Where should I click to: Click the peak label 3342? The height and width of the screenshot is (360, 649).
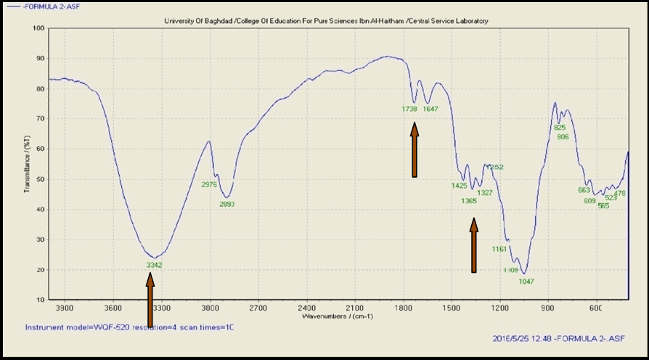click(154, 265)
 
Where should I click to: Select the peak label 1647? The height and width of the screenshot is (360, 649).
click(431, 109)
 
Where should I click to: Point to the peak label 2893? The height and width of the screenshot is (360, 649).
click(227, 204)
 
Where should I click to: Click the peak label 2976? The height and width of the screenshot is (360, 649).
click(209, 184)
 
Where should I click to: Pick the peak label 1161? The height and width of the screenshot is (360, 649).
click(499, 249)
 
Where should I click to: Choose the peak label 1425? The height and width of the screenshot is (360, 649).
click(459, 185)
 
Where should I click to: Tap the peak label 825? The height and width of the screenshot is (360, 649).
click(560, 128)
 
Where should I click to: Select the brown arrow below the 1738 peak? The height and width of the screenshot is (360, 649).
click(415, 150)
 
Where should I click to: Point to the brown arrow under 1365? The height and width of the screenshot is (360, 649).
click(474, 247)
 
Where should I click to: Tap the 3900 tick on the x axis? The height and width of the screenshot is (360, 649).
click(65, 308)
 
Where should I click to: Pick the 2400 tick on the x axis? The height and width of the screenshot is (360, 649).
click(306, 308)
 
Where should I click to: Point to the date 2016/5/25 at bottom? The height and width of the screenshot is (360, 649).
click(511, 338)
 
